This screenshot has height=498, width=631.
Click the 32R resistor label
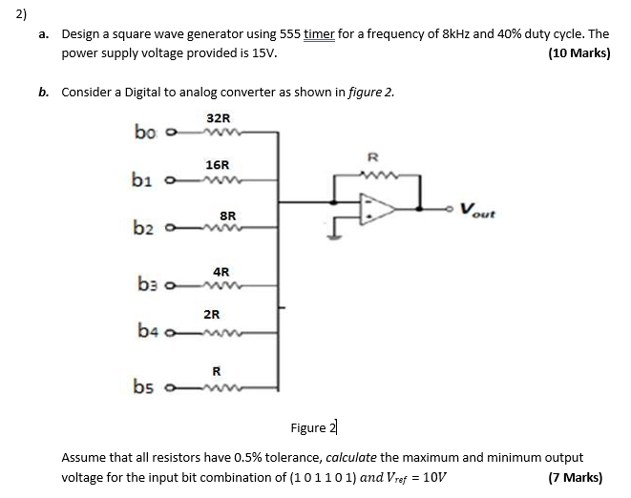point(218,118)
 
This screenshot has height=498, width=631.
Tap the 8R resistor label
point(228,216)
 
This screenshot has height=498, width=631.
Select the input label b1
point(144,178)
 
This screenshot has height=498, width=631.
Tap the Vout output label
point(477,210)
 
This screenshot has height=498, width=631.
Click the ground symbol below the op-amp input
point(333,237)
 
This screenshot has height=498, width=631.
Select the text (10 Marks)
point(579,53)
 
